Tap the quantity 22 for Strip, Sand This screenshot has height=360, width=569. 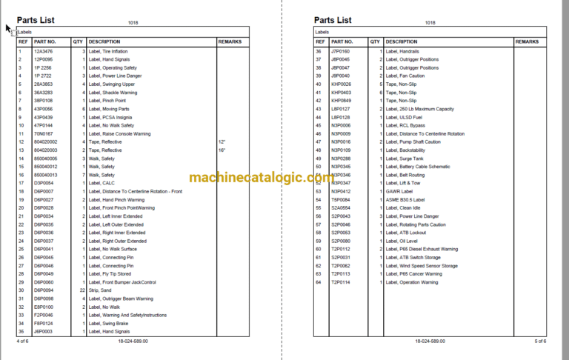point(82,290)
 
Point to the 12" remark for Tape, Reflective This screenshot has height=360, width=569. point(222,141)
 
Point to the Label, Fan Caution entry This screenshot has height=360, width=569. point(405,76)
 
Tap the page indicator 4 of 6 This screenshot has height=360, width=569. point(22,341)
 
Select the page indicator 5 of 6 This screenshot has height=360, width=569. point(539,341)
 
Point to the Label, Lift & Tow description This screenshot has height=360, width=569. point(404,182)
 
